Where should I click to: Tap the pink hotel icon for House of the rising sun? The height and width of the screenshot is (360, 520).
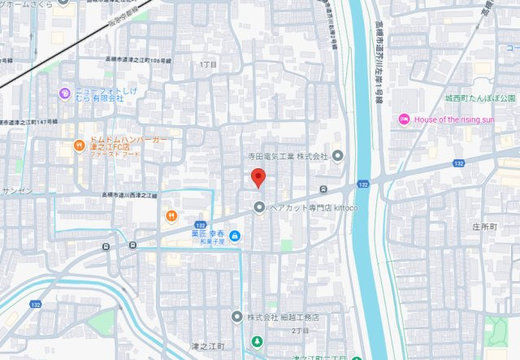point(403,120)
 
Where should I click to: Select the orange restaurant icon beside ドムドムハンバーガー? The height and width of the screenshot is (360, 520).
point(79,146)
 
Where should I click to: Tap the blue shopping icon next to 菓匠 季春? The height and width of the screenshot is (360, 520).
point(234,236)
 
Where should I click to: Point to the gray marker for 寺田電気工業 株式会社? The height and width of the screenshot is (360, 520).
point(338,155)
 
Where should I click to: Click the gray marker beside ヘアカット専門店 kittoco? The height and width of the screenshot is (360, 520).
point(259,207)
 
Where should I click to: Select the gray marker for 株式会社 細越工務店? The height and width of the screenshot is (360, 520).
point(236,316)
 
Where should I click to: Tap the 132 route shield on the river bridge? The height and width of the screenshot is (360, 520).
point(362,186)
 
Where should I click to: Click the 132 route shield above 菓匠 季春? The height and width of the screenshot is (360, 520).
point(200,224)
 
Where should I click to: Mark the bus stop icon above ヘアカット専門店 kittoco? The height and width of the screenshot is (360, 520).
point(323,190)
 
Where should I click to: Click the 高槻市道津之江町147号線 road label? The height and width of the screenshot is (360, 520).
point(29,121)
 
